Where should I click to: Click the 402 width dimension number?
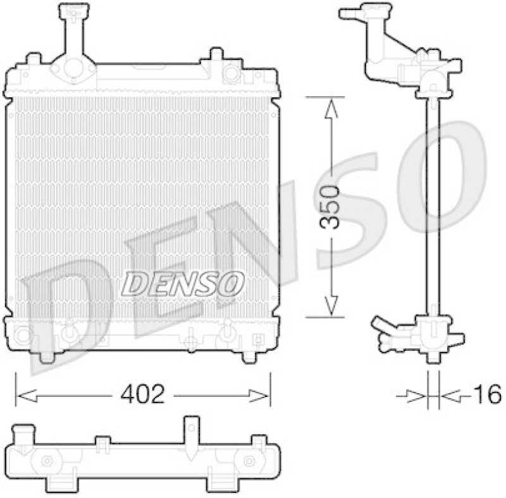[x=142, y=394]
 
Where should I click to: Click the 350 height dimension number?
[x=328, y=207]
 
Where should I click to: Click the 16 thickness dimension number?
[x=487, y=394]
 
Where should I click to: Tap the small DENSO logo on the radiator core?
[x=183, y=284]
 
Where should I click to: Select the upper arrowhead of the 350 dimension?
[x=331, y=108]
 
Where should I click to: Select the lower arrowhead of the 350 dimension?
[x=331, y=305]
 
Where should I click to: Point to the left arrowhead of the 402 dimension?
[x=27, y=396]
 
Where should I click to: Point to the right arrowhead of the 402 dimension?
[x=259, y=396]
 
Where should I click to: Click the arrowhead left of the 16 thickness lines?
[x=416, y=396]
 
